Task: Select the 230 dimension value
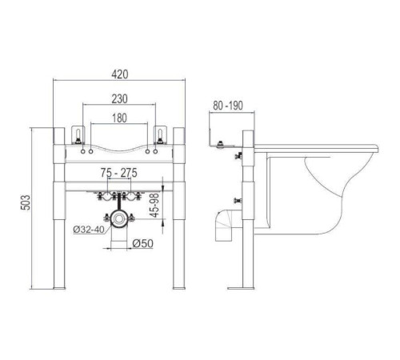coord(121,100)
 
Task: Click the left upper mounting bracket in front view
coord(78,134)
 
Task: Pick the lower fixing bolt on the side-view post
coord(237,199)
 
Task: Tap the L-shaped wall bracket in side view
coord(220,144)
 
